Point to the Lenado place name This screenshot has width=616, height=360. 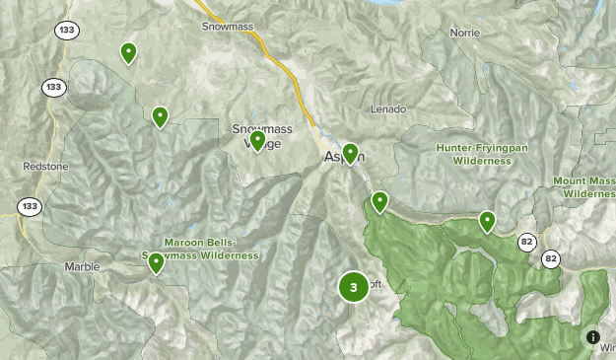[388, 108]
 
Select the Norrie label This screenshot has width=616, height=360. [464, 33]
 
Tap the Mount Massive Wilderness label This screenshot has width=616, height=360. [583, 187]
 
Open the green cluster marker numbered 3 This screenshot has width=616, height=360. [353, 287]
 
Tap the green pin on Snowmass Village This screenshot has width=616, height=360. [257, 140]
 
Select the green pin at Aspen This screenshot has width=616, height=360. [349, 153]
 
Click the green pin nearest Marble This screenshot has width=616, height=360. [156, 261]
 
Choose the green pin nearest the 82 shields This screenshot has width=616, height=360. [487, 220]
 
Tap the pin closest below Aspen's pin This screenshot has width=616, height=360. [379, 201]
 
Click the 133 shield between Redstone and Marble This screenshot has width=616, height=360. [28, 206]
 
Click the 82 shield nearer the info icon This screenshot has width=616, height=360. [550, 258]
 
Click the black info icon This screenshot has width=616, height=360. [593, 337]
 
